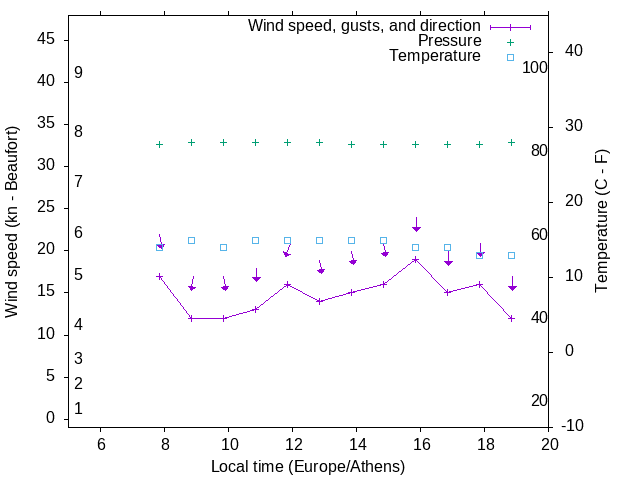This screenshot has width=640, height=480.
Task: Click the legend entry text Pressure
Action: click(449, 41)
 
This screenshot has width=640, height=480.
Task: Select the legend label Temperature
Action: click(435, 57)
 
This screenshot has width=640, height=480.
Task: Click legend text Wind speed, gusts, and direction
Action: click(364, 25)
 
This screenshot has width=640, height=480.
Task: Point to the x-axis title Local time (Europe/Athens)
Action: click(308, 466)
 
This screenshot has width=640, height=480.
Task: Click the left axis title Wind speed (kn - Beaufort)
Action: click(12, 222)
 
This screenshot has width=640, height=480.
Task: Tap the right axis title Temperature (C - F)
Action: click(601, 222)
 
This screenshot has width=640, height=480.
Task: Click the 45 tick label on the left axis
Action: click(46, 39)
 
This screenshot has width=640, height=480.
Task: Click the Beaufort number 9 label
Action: click(78, 73)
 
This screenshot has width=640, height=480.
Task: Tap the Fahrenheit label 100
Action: click(535, 67)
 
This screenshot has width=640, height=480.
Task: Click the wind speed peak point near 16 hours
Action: click(416, 259)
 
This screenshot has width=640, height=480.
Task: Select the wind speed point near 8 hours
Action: click(159, 276)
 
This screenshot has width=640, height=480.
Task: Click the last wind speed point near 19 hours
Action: click(512, 318)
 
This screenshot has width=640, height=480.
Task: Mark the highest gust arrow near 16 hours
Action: click(416, 225)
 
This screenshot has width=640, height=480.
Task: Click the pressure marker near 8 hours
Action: click(159, 144)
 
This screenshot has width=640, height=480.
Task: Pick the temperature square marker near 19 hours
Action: click(512, 255)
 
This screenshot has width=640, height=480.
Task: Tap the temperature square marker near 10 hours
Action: click(223, 247)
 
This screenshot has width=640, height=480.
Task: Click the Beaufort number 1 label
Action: click(78, 409)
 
